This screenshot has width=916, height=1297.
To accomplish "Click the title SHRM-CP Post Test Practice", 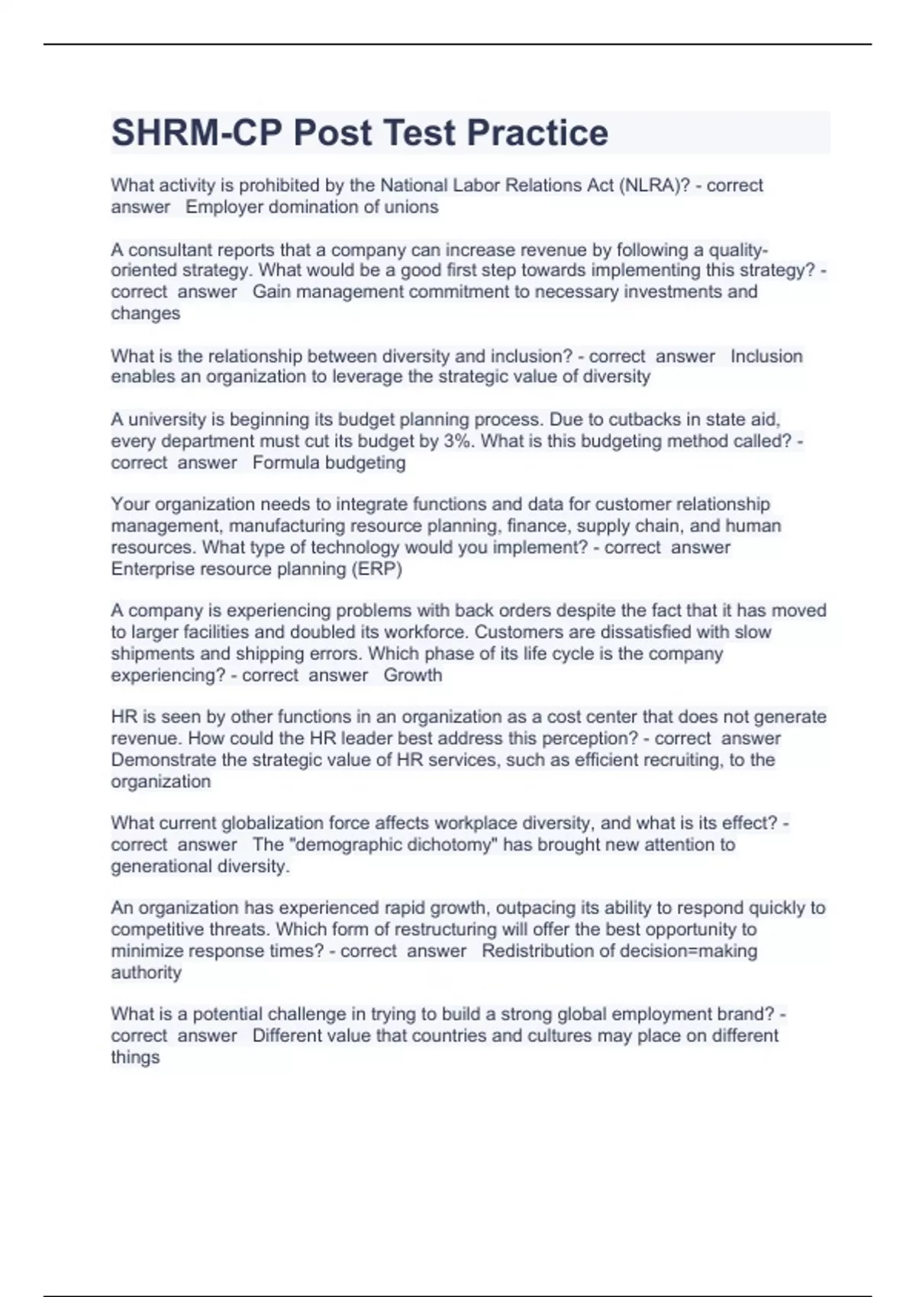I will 360,133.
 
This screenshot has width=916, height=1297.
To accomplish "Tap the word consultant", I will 166,250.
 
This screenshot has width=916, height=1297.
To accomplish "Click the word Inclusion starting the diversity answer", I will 766,356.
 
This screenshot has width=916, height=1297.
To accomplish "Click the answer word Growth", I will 413,675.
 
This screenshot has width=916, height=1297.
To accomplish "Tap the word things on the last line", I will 135,1057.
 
